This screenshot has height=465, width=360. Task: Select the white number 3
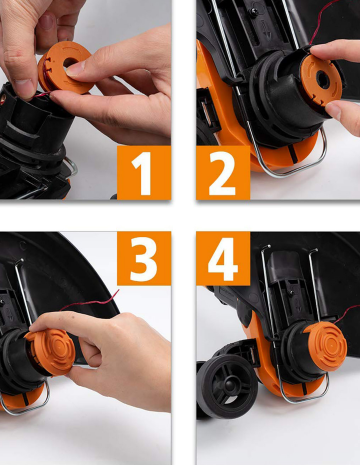143,258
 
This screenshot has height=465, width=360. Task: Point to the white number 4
222,258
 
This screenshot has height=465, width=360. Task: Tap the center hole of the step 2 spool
322,79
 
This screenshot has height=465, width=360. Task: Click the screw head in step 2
254,12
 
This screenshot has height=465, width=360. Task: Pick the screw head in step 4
291,293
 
